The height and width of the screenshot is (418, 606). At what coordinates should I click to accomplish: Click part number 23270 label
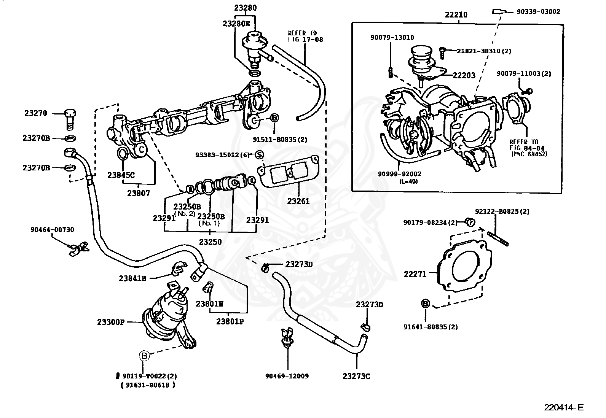click(x=35, y=113)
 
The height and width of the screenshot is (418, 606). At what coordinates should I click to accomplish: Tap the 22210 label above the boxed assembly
click(x=456, y=15)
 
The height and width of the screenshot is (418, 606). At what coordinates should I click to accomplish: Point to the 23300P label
click(x=110, y=322)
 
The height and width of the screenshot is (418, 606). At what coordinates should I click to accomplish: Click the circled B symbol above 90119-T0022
click(x=144, y=356)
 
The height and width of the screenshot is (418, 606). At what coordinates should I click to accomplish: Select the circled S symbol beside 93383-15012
click(x=259, y=155)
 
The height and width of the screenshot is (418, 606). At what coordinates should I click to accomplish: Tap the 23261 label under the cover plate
click(x=298, y=201)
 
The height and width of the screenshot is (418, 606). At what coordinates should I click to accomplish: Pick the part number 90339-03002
click(x=538, y=12)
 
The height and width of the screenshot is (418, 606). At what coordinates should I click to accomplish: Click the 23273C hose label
click(x=356, y=377)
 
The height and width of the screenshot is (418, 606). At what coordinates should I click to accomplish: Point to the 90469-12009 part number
click(x=287, y=376)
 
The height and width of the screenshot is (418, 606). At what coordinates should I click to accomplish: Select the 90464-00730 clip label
click(x=52, y=230)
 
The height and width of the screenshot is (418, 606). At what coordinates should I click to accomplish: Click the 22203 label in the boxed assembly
click(x=464, y=75)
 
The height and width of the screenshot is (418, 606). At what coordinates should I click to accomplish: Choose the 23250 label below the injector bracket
click(x=210, y=242)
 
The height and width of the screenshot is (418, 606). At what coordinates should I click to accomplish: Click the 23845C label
click(x=121, y=175)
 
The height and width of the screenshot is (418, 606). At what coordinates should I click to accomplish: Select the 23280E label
click(x=236, y=24)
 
